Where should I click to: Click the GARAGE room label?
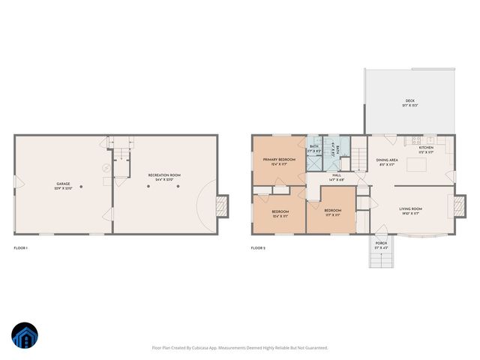(63, 184)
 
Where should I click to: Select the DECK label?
(409, 100)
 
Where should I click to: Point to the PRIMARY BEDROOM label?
(279, 160)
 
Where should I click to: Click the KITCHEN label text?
(426, 148)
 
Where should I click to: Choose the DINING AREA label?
(388, 160)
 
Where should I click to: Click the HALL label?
(337, 175)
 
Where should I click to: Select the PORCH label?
(381, 242)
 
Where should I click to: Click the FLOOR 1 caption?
(21, 247)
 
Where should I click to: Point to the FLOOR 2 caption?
(259, 247)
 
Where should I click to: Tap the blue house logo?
(25, 337)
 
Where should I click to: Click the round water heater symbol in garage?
(106, 169)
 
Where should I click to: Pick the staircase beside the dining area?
(359, 159)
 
